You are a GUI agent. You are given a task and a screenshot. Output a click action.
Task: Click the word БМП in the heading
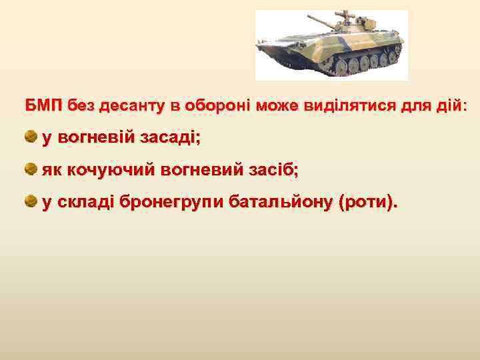pyautogui.click(x=43, y=106)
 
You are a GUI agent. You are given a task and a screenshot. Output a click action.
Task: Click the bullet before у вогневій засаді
pyautogui.click(x=31, y=137)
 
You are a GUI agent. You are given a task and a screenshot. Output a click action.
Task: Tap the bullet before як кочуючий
pyautogui.click(x=31, y=169)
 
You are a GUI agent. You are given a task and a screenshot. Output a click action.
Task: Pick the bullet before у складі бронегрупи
pyautogui.click(x=31, y=201)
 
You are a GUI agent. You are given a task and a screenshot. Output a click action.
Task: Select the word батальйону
pyautogui.click(x=280, y=201)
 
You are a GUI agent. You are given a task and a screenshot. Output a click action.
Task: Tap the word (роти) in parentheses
pyautogui.click(x=368, y=201)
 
